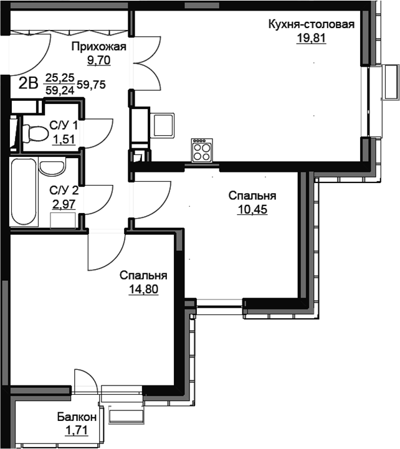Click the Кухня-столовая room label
coord(311,24)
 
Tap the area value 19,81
coord(311,38)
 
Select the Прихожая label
coord(99,47)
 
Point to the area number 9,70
coord(99,60)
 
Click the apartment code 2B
coord(29,84)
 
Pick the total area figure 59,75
coord(91,85)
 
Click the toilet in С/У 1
coord(35,133)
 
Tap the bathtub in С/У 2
coord(24,192)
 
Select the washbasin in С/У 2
coord(53,167)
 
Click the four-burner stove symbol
coord(202,150)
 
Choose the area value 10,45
coord(252,210)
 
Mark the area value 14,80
coord(143,289)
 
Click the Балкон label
coord(77,417)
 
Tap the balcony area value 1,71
coord(77,430)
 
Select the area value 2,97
coord(64,204)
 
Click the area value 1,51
coord(64,139)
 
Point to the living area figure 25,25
coord(60,77)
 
